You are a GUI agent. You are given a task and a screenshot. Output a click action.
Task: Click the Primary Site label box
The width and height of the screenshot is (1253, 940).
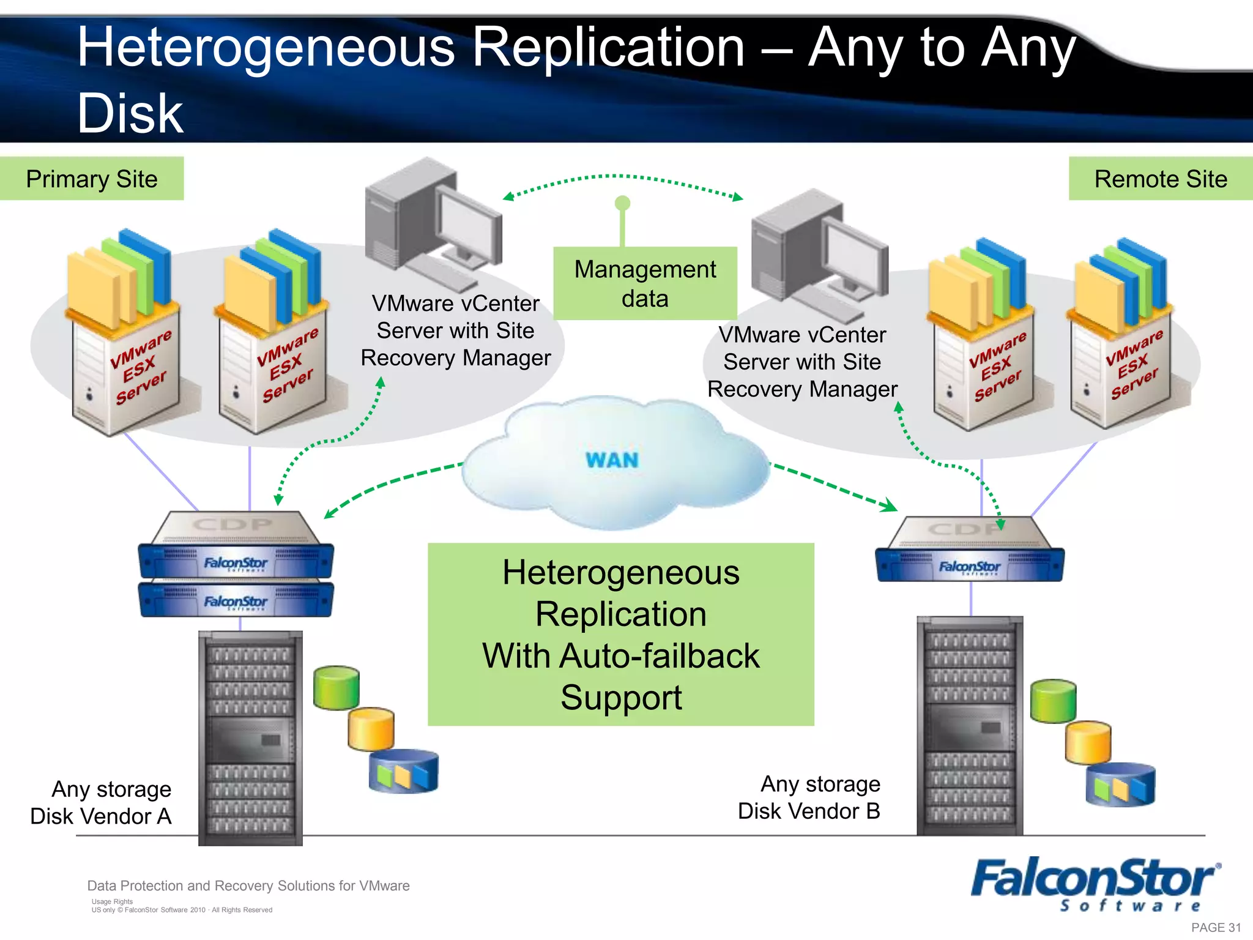pos(92,179)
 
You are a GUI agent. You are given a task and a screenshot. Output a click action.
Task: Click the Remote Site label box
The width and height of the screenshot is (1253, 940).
pos(1160,179)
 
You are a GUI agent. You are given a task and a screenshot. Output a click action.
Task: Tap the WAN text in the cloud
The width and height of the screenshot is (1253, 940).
pos(612,460)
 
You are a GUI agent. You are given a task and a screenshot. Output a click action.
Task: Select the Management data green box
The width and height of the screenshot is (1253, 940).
pos(645,284)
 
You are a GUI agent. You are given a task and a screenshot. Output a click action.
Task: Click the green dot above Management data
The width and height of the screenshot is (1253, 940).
pos(622,203)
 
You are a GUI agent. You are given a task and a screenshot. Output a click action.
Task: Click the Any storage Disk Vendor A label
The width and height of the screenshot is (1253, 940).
pos(102,802)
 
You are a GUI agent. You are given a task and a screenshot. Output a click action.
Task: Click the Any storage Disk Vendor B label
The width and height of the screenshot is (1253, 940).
pos(809,797)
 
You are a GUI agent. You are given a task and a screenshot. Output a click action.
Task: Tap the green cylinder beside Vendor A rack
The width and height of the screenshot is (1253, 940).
pos(336,688)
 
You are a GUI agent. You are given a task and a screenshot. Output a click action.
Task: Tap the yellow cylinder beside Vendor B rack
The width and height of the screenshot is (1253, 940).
pos(1088,742)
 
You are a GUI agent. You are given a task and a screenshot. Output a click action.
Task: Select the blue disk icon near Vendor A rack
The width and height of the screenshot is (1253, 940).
pos(403,772)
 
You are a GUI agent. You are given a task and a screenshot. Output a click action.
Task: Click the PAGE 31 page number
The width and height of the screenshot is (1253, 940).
pos(1216,927)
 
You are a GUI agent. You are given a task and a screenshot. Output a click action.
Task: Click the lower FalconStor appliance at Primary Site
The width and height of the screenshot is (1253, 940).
pos(236,600)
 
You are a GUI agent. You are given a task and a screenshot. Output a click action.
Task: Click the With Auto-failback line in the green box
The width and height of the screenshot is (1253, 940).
pos(620,656)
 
